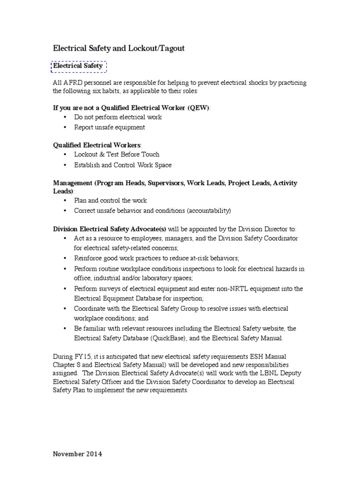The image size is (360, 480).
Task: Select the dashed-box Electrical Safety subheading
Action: tap(78, 67)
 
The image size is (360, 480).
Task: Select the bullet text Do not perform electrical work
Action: tap(118, 117)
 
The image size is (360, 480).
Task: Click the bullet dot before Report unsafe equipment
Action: tap(65, 127)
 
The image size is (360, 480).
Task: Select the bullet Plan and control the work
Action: tap(111, 200)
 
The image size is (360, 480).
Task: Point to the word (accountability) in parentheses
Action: tap(209, 210)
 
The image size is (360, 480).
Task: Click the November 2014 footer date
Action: tap(77, 454)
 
